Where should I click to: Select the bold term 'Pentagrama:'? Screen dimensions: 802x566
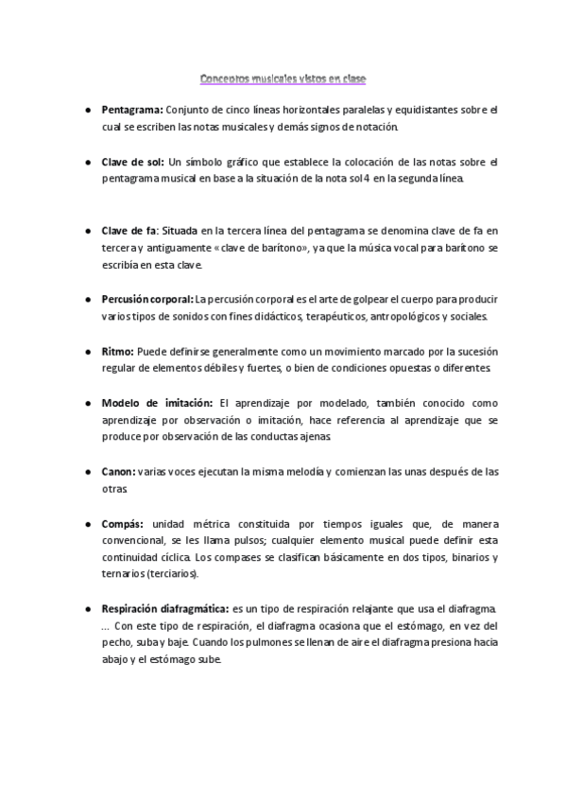coord(132,110)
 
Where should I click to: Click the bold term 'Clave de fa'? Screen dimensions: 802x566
coord(129,230)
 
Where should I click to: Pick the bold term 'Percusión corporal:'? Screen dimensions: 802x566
coord(146,299)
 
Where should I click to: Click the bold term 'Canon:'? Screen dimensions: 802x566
coord(119,471)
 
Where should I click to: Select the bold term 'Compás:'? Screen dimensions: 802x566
coord(123,523)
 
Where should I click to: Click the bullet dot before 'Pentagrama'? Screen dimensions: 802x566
coord(87,110)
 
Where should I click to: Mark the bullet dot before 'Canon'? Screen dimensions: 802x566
coord(87,471)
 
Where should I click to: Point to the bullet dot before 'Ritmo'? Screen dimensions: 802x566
coord(87,350)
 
